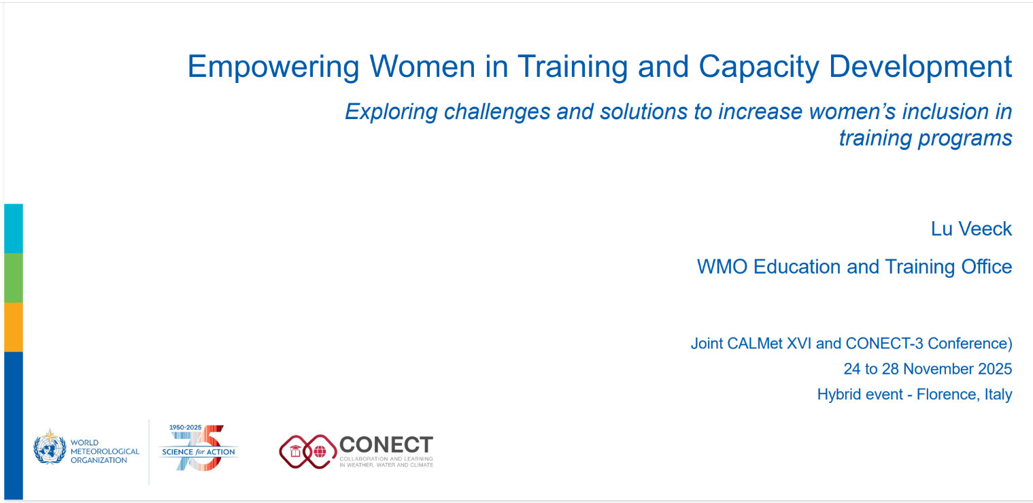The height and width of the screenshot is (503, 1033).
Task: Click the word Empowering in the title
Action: pos(273,67)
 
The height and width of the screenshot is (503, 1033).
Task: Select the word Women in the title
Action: pos(422,67)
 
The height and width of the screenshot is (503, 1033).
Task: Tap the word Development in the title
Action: pos(921,67)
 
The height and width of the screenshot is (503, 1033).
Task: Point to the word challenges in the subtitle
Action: pos(496,112)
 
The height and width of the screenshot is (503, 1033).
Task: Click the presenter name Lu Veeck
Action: pos(971,229)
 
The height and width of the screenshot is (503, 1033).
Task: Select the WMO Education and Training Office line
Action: pos(854,267)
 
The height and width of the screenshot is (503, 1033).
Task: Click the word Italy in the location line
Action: pos(998,394)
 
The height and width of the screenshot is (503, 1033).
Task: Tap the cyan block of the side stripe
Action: pos(14,229)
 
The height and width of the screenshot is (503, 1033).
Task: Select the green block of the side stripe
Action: pos(14,278)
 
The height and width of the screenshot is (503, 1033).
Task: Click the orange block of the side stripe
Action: pos(14,327)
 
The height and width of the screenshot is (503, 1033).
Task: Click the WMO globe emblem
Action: pos(50,447)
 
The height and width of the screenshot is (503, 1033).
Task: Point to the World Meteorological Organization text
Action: pos(105,451)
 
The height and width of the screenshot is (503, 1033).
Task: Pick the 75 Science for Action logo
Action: pos(199,448)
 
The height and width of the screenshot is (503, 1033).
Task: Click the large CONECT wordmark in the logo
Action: pos(386,445)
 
